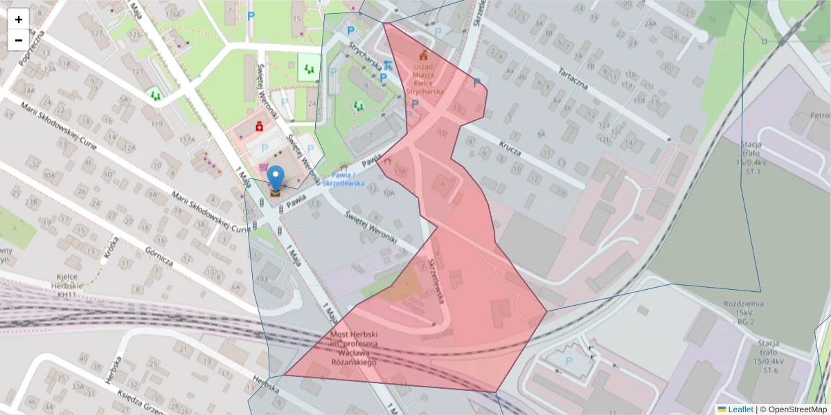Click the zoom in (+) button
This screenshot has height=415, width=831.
pos(19,19)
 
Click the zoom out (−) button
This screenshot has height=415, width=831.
pos(19,40)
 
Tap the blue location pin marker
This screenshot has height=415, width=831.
pos(276,178)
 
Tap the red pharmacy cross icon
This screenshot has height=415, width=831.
pos(259,126)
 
